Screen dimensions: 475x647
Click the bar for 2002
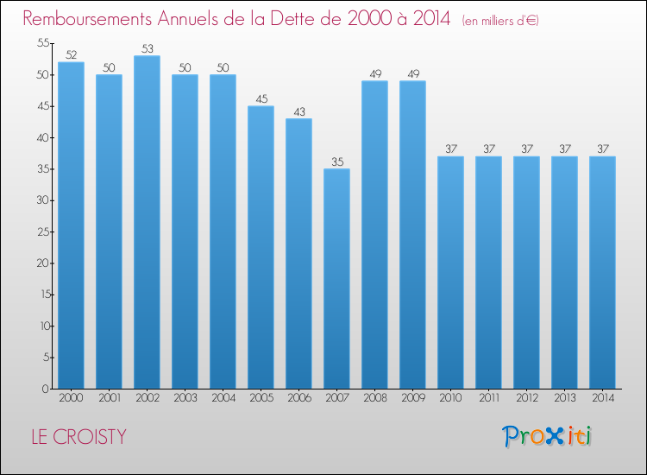[147, 222]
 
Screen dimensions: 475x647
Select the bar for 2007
[336, 278]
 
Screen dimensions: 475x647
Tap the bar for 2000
[71, 225]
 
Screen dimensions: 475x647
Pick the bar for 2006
[298, 253]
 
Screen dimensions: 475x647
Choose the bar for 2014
[602, 272]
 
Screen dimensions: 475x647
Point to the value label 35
[336, 161]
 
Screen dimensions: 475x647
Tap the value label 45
[261, 98]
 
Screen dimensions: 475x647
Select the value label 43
[298, 111]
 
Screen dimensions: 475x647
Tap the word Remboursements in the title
[94, 19]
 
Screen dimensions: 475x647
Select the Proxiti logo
[547, 435]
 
